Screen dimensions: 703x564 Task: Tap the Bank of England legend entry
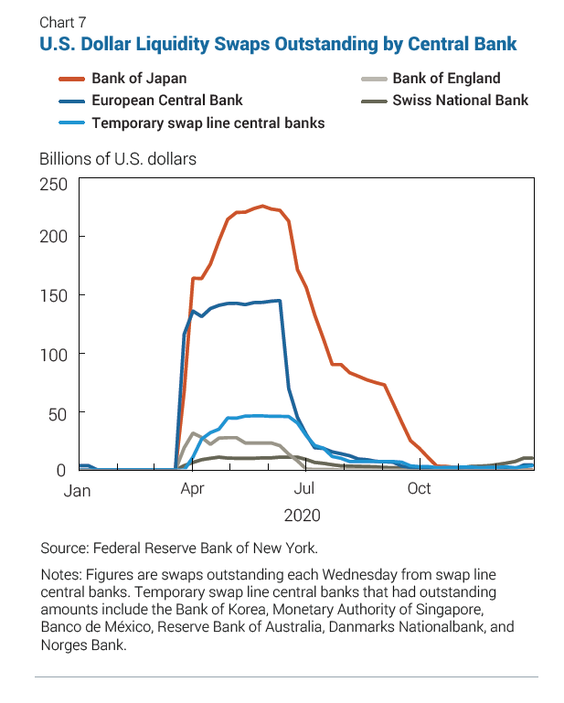(x=446, y=79)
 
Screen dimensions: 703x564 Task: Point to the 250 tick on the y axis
(x=54, y=185)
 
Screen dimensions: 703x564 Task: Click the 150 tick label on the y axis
(x=54, y=295)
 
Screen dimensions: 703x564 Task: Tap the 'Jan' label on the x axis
(x=78, y=491)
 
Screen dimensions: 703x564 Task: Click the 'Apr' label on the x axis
(x=192, y=489)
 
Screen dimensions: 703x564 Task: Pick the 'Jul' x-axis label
(x=304, y=489)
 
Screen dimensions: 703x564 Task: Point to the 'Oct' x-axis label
(x=419, y=489)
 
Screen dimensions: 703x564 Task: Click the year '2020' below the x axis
(x=302, y=516)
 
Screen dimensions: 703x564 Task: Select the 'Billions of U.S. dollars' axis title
(x=118, y=158)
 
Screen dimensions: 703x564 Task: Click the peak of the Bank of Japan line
(x=262, y=207)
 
